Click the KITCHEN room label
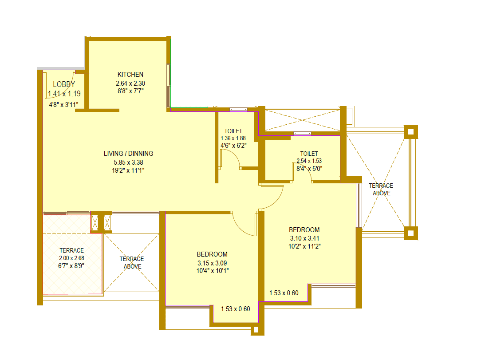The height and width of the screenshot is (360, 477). [130, 75]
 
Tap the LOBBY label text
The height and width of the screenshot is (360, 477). [64, 84]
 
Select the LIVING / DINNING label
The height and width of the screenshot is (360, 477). [128, 154]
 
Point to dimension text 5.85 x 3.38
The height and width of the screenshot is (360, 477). [128, 162]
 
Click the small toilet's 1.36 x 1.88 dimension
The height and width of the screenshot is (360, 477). [233, 138]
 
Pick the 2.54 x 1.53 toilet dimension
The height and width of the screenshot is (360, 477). [309, 161]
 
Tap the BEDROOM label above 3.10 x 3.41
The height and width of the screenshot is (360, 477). [304, 230]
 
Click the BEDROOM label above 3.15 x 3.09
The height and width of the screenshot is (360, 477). [212, 254]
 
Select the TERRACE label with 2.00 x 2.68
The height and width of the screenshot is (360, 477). [71, 251]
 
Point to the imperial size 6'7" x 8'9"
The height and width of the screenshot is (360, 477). [71, 265]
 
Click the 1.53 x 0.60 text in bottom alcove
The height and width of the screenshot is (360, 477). [235, 309]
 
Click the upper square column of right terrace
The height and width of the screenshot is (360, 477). [410, 131]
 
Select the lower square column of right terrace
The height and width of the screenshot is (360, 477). [410, 233]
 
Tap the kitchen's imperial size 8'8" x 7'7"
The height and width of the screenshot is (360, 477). [130, 90]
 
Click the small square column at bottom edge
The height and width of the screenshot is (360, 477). [256, 330]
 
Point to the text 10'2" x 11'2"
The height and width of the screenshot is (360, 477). [304, 245]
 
